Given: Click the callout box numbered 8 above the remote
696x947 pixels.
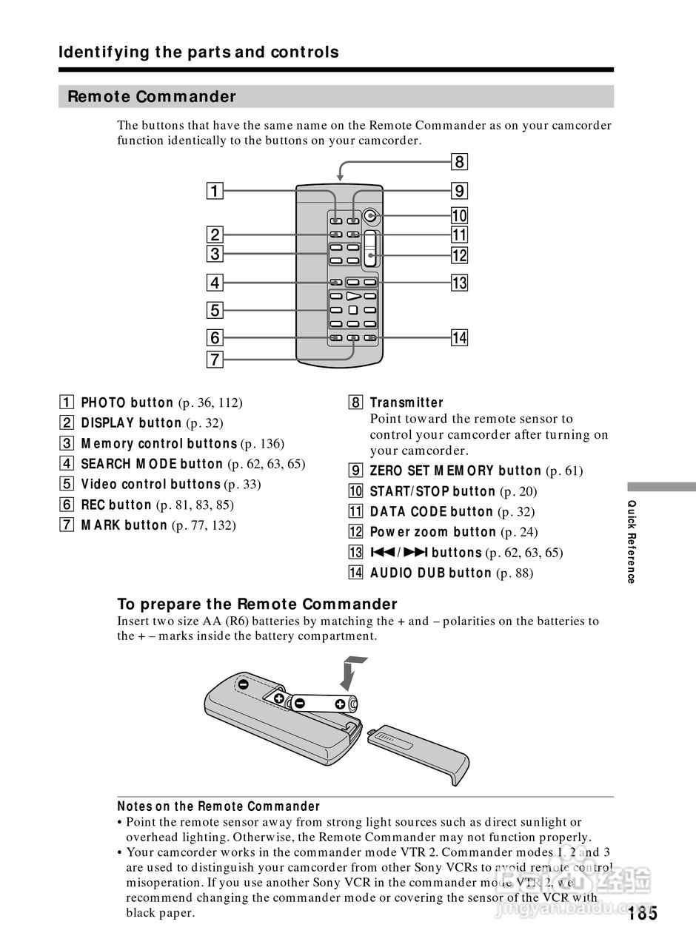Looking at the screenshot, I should click(459, 162).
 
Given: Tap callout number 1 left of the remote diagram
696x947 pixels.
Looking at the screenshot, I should click(214, 192).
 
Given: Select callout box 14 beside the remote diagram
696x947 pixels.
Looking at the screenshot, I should click(459, 338).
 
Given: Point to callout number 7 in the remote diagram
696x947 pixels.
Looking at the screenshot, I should click(214, 360).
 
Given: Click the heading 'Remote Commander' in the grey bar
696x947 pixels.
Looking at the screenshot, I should click(152, 97).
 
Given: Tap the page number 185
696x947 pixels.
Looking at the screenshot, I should click(642, 913).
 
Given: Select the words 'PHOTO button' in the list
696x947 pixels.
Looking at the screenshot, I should click(127, 402).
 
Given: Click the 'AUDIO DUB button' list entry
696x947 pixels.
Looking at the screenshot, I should click(430, 573).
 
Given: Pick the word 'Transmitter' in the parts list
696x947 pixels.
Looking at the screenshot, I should click(406, 402).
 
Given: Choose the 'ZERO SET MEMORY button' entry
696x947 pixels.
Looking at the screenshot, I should click(455, 471).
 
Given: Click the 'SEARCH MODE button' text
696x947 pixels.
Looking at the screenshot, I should click(152, 464).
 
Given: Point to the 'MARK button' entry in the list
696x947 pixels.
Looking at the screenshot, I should click(124, 525).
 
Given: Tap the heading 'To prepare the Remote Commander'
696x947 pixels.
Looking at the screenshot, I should click(258, 604).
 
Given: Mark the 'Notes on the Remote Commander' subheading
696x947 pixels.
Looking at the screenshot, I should click(218, 806).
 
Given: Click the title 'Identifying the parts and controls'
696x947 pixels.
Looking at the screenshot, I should click(198, 53).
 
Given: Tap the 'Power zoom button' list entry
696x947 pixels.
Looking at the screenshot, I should click(433, 532).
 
